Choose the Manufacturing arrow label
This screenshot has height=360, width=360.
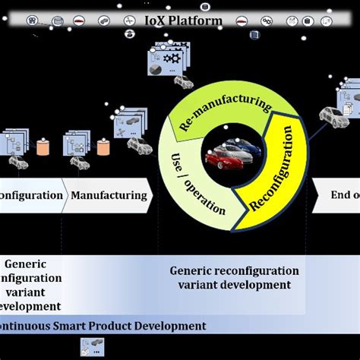109,195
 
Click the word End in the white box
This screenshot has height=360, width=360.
339,195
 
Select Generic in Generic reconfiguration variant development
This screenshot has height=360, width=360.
191,271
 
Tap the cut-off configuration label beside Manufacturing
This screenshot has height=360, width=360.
30,195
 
